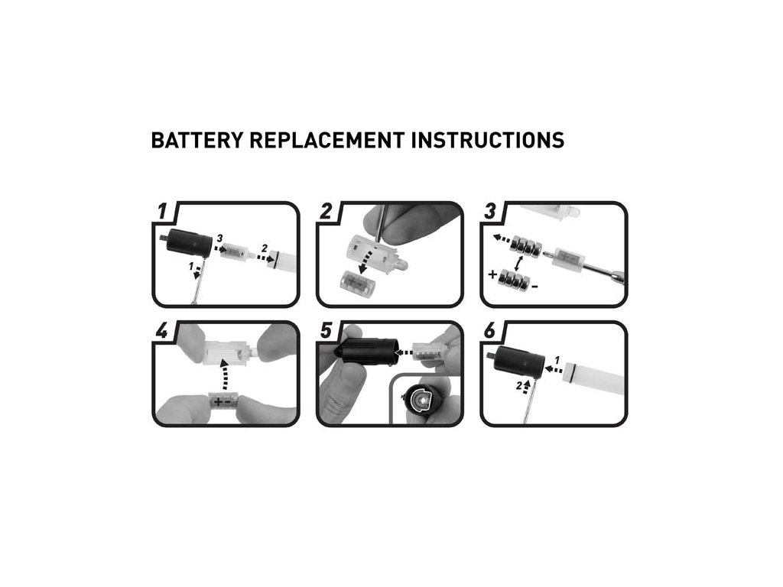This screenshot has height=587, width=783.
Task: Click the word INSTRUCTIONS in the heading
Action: (488, 141)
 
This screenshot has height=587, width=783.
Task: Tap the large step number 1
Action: (162, 211)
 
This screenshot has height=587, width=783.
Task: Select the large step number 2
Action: (326, 211)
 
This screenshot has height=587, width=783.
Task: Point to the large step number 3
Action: (490, 211)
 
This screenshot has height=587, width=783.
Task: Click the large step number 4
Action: (162, 330)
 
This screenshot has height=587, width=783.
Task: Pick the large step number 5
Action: (326, 330)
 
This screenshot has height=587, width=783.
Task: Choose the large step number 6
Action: (490, 330)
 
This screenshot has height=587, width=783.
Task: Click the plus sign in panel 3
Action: (493, 274)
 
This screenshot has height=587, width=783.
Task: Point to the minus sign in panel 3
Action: (534, 287)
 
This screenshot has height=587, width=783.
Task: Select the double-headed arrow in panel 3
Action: (519, 264)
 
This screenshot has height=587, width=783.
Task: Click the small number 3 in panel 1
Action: (219, 238)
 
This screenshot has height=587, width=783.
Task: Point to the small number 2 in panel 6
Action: (519, 385)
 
